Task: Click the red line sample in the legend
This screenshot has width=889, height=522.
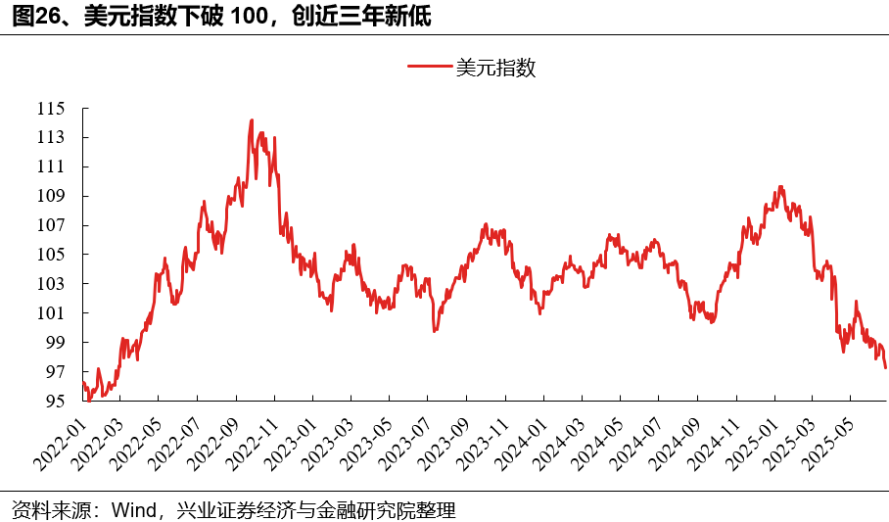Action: (429, 68)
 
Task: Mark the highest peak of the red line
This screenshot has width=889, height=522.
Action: (252, 120)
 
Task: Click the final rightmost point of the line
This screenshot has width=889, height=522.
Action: (885, 368)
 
